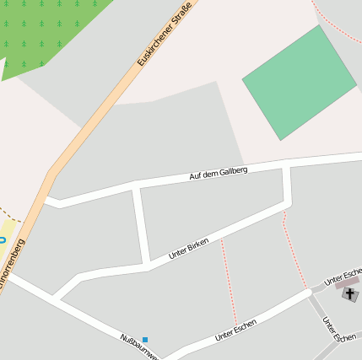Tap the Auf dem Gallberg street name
pyautogui.click(x=218, y=173)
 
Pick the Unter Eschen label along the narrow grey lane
pyautogui.click(x=338, y=329)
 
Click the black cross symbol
pyautogui.click(x=350, y=294)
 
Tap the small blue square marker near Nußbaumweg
pyautogui.click(x=144, y=339)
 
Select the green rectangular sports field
pyautogui.click(x=299, y=82)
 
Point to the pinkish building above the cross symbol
pyautogui.click(x=347, y=284)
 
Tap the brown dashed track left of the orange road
pyautogui.click(x=10, y=216)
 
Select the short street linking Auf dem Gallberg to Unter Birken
pyautogui.click(x=141, y=226)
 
